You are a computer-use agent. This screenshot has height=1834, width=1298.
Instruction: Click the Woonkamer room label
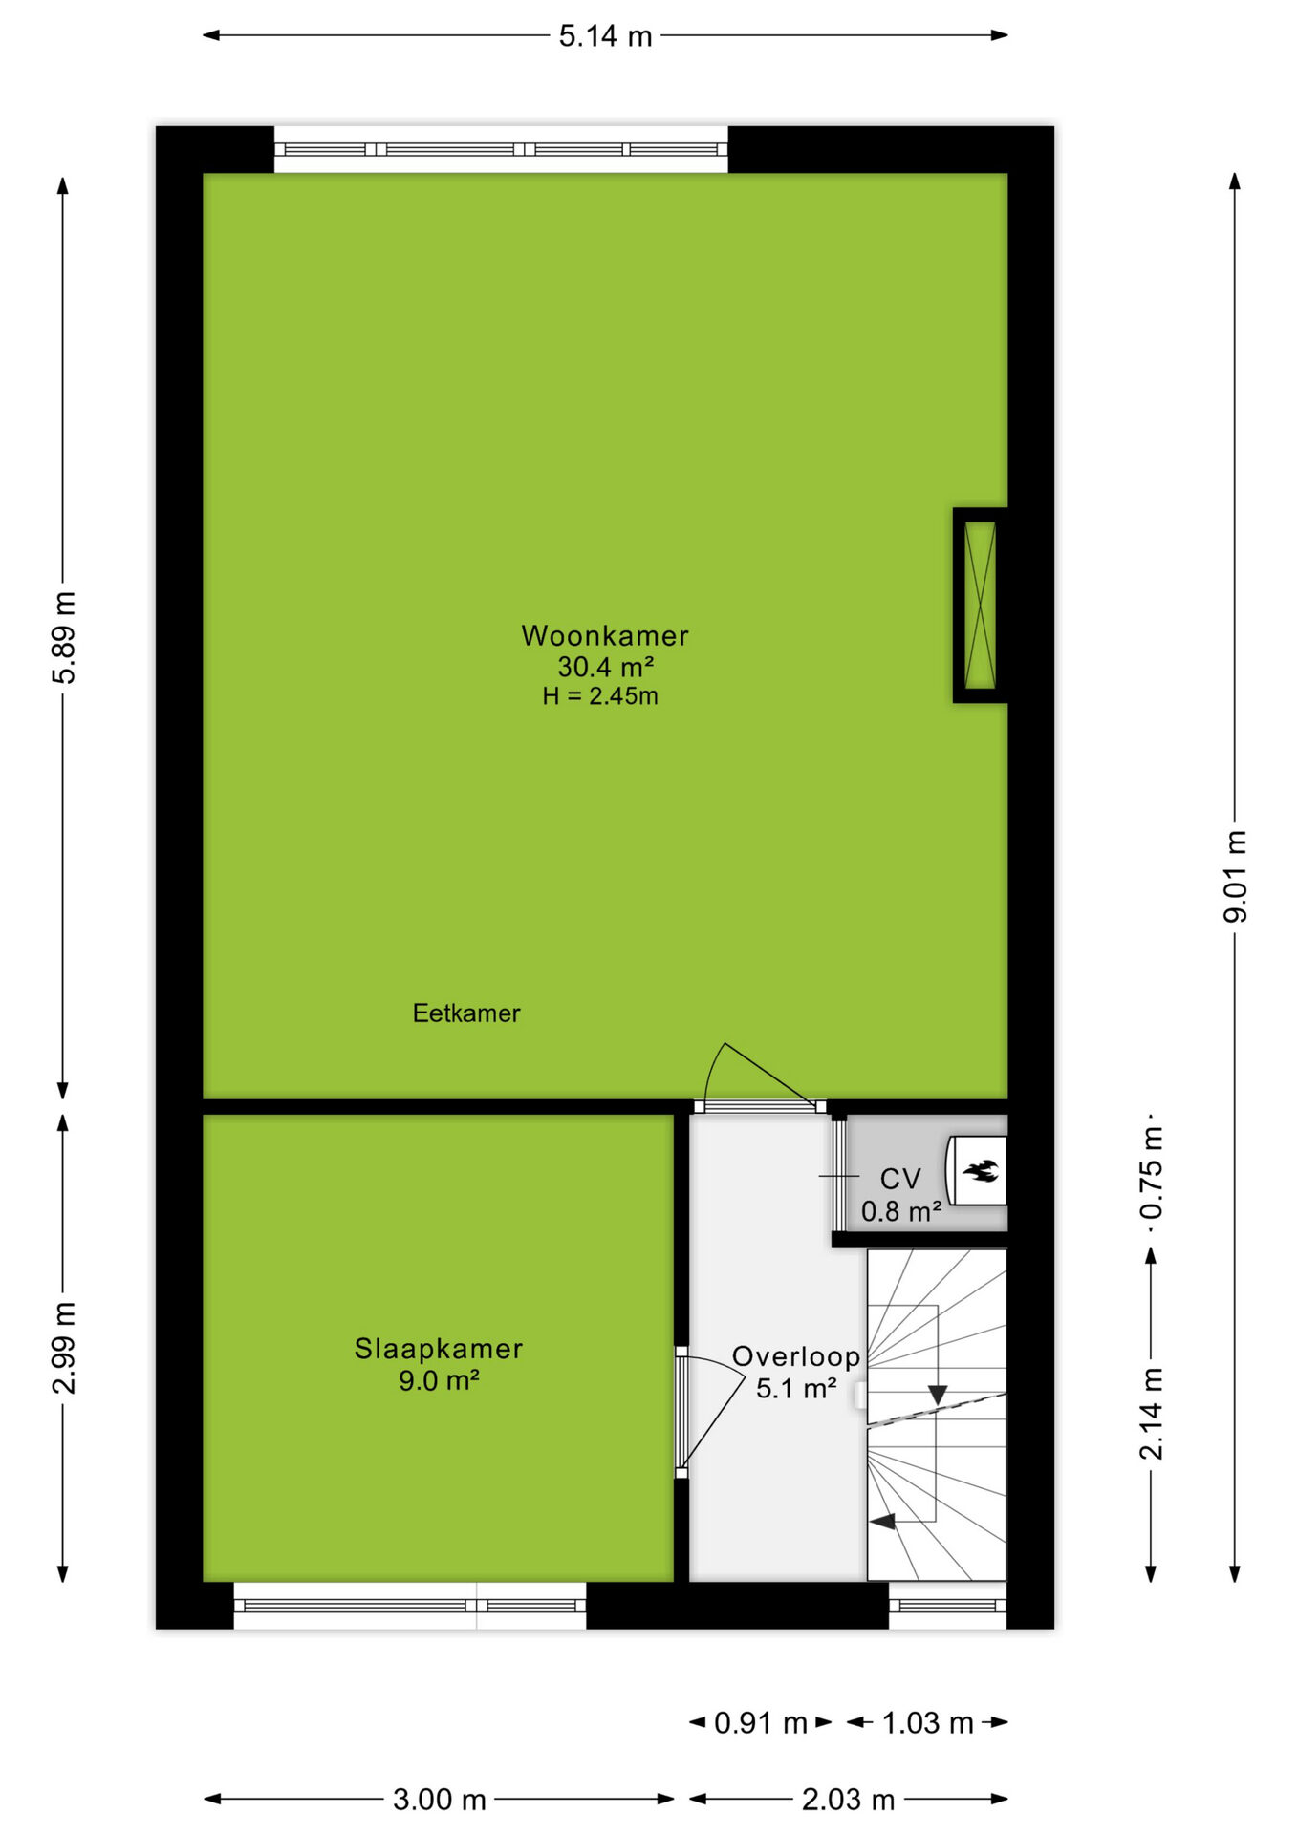604,636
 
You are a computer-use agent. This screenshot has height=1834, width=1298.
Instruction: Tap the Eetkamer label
466,1013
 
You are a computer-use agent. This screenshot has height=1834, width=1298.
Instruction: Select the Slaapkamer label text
439,1349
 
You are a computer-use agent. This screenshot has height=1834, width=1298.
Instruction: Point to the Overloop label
796,1356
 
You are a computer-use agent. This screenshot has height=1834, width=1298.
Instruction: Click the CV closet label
900,1180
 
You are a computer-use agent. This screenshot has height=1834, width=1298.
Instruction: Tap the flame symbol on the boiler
981,1170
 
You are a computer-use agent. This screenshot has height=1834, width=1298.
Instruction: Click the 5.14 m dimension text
605,36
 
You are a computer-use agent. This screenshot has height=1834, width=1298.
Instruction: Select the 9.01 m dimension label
1236,877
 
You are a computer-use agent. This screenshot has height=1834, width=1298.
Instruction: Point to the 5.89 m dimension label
64,637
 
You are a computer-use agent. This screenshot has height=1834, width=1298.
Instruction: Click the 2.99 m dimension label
64,1348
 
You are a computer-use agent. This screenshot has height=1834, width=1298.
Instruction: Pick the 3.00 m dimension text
440,1801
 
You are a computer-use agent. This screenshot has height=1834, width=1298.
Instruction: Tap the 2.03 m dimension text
849,1801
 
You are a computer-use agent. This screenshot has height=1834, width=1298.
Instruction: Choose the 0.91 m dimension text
761,1723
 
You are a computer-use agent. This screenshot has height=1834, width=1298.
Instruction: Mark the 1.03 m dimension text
927,1723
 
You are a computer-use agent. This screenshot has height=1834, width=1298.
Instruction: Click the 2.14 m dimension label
1152,1414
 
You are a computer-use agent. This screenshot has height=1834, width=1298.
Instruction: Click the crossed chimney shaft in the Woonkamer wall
980,606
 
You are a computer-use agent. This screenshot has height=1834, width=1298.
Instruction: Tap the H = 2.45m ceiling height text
600,696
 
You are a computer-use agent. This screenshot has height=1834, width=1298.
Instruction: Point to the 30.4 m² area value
605,667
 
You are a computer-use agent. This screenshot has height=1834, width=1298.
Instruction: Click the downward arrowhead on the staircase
938,1396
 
